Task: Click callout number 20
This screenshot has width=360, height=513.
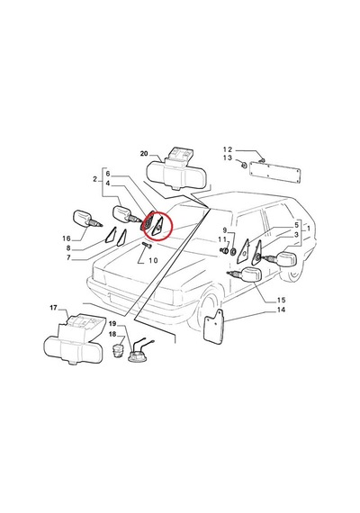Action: pyautogui.click(x=144, y=153)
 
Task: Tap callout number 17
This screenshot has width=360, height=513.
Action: pyautogui.click(x=53, y=308)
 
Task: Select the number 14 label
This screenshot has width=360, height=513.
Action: pyautogui.click(x=281, y=310)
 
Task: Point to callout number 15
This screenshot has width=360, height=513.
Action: pyautogui.click(x=281, y=300)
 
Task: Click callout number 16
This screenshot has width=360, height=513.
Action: pyautogui.click(x=67, y=238)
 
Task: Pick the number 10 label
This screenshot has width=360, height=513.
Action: pyautogui.click(x=153, y=260)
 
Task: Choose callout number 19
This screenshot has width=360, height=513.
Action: pyautogui.click(x=112, y=324)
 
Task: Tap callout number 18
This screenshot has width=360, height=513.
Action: pyautogui.click(x=112, y=334)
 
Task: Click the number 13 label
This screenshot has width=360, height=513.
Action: pyautogui.click(x=228, y=158)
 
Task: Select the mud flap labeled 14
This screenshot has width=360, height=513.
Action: pyautogui.click(x=213, y=328)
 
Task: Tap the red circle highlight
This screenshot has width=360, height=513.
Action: pyautogui.click(x=158, y=226)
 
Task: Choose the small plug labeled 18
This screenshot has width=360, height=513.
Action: pyautogui.click(x=118, y=350)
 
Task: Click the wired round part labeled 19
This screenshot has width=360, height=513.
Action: pyautogui.click(x=139, y=353)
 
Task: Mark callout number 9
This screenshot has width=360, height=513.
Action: pyautogui.click(x=225, y=230)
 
